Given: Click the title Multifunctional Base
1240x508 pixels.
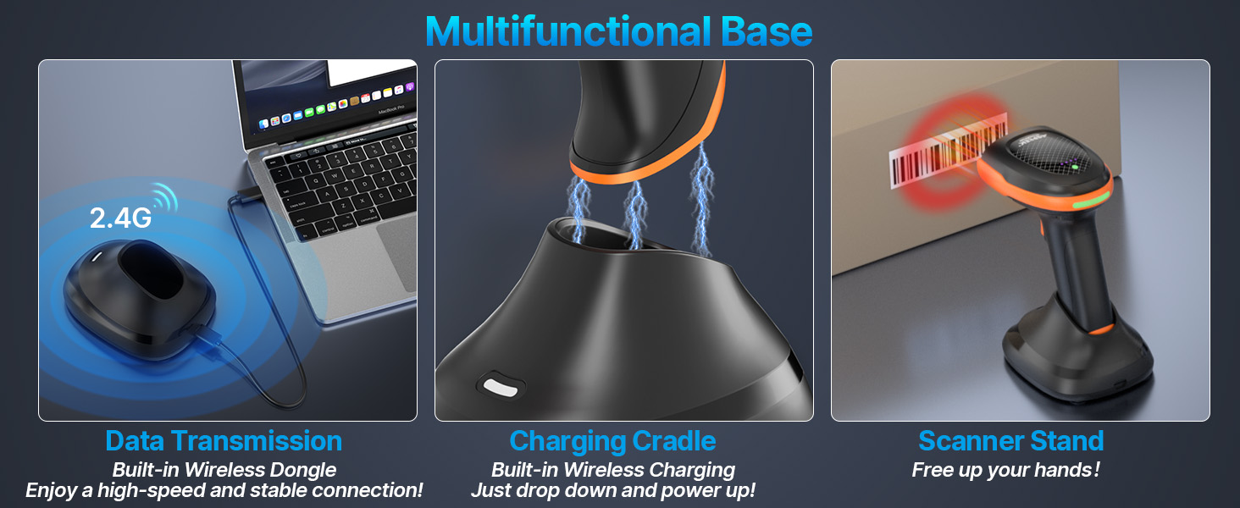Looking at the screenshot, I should [619, 31].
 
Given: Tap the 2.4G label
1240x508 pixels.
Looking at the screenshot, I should [120, 218].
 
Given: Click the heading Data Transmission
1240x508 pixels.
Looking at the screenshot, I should [224, 441].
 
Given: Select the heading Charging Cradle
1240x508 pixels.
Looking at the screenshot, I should [612, 441].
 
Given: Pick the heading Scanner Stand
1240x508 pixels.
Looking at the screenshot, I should [1010, 441].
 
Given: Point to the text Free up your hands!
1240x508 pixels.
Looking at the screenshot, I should [1005, 470].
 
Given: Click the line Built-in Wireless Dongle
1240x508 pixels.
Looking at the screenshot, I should [224, 470].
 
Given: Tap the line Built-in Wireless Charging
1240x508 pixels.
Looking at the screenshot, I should [612, 470].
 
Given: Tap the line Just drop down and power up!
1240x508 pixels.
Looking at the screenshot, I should [612, 490].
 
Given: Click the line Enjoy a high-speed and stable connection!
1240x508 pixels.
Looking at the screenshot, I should [224, 490].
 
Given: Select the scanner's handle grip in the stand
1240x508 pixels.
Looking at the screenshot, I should [1066, 271].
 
